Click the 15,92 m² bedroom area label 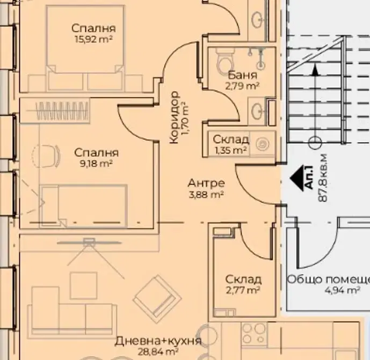(93, 39)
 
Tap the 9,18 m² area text (96, 164)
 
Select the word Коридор (175, 117)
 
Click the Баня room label (243, 75)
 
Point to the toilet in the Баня (224, 60)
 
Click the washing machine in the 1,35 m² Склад (263, 143)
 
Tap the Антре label (206, 183)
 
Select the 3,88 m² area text (206, 195)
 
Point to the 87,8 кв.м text (323, 178)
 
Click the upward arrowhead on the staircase (314, 70)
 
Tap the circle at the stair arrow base (315, 142)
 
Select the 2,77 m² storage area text (243, 290)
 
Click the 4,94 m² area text (343, 290)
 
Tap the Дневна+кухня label (158, 341)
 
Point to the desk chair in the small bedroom (46, 156)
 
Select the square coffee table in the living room (84, 285)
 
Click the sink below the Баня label (256, 110)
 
